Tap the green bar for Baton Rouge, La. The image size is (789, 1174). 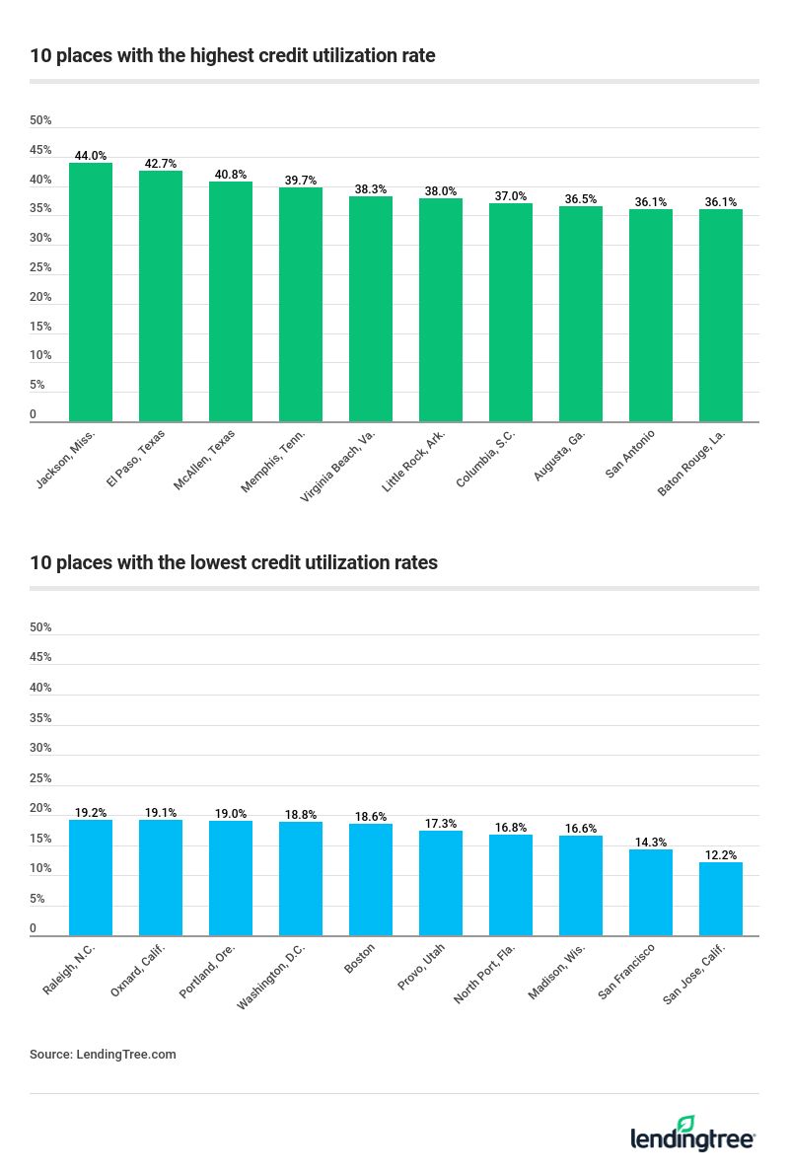click(721, 316)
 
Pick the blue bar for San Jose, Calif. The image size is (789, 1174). click(721, 899)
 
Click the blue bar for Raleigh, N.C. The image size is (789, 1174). click(91, 878)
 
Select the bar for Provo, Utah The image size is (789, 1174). click(441, 883)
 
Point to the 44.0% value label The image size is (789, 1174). click(91, 156)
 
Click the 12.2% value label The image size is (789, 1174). click(721, 855)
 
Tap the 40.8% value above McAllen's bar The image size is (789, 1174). click(231, 175)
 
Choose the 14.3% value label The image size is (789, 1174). click(651, 843)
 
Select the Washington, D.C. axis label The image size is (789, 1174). click(272, 976)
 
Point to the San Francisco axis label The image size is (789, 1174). click(626, 971)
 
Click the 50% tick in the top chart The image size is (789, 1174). click(40, 120)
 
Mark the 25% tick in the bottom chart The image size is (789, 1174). click(40, 778)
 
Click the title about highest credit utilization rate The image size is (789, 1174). click(233, 55)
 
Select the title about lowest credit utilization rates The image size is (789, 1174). click(234, 562)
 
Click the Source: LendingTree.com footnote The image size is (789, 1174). click(103, 1054)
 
